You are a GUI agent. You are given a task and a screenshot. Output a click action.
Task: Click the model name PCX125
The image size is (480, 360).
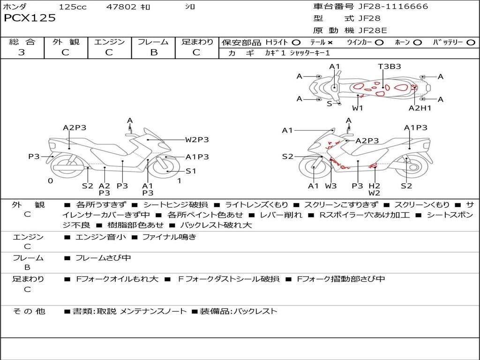point(30,18)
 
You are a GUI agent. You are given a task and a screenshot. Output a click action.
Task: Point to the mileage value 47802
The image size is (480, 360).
point(122,7)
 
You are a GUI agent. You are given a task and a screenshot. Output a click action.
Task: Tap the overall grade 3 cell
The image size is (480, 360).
point(22,52)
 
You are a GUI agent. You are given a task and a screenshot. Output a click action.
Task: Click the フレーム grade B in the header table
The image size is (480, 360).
point(154,52)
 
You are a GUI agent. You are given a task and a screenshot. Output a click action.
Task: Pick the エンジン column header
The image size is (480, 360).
point(109,42)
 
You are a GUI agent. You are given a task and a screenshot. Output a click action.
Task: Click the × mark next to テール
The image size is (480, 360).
point(330,42)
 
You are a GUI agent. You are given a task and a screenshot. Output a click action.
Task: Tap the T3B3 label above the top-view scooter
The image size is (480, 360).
point(390,67)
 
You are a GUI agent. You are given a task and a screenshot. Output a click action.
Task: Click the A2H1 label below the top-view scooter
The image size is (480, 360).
point(420,108)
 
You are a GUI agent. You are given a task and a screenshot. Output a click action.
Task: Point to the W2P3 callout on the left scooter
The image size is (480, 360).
point(196,139)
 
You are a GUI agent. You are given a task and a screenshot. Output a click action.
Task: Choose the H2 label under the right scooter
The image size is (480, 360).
point(374,186)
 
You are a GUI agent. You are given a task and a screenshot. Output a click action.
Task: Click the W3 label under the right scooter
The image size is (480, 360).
point(331,186)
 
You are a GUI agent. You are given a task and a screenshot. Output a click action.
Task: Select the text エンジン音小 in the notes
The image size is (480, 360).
point(101,237)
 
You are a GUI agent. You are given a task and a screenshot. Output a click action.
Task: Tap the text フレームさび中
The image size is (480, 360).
point(103,258)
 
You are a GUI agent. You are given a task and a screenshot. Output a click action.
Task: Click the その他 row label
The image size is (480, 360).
point(29,311)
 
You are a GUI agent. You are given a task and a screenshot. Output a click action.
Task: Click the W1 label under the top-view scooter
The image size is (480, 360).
point(358,108)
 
